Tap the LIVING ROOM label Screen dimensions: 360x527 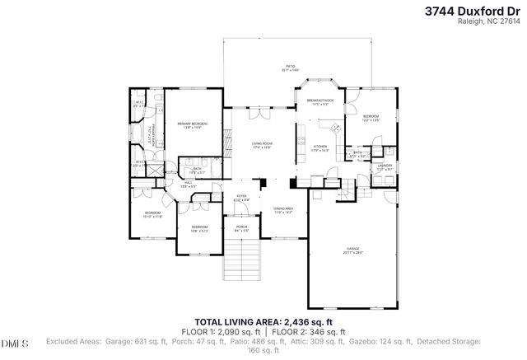coord(262,145)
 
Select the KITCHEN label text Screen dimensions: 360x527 coord(321,147)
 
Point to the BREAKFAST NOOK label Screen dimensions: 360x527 coord(319,101)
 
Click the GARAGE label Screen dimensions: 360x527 coord(353,250)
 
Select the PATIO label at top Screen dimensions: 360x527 coord(290,68)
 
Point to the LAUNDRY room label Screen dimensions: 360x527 coord(385,167)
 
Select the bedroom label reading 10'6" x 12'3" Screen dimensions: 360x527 coord(199,228)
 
